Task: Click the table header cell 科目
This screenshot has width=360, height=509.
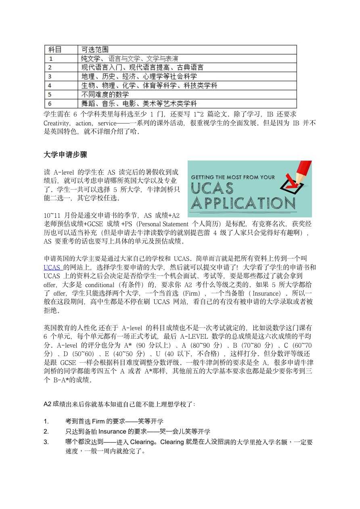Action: click(55, 50)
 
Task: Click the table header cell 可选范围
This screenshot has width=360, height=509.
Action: click(95, 50)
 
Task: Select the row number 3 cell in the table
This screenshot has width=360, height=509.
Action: click(50, 76)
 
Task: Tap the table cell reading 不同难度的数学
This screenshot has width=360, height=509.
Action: click(105, 94)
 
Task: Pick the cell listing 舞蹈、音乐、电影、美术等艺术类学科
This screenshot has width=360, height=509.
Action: click(139, 104)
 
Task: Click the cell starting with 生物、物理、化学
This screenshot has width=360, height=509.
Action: click(149, 86)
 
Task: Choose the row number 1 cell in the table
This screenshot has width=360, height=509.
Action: click(50, 58)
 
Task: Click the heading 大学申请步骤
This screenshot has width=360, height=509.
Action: click(65, 155)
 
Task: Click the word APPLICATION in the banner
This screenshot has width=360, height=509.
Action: click(243, 203)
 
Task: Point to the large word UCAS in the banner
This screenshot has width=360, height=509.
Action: click(212, 188)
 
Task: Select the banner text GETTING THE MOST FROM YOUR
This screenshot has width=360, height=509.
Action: click(233, 177)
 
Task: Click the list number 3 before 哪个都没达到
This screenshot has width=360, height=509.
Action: click(46, 442)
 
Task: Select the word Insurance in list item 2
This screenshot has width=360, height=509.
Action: click(113, 432)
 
